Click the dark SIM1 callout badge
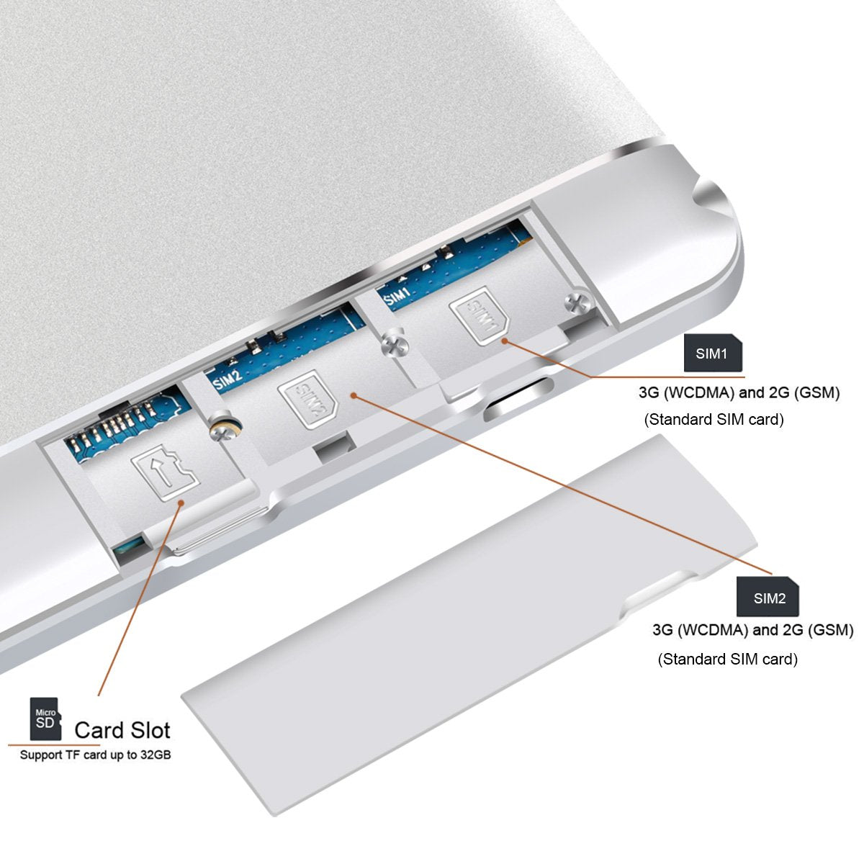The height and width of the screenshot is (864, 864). click(713, 353)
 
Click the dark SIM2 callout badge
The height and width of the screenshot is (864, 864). click(768, 597)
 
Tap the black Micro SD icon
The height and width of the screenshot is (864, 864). click(45, 719)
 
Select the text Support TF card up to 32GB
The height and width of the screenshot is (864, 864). click(96, 755)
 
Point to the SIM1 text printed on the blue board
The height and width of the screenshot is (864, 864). click(397, 297)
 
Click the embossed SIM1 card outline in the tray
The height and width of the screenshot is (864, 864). click(480, 316)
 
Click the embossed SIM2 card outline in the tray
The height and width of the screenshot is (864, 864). click(308, 400)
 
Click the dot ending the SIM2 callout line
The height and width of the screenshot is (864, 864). click(354, 395)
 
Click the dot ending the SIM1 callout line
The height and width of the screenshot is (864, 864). click(504, 341)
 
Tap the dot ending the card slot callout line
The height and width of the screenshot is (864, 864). click(180, 503)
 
